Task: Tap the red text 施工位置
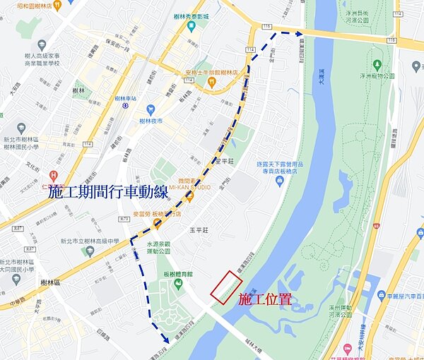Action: tap(265, 299)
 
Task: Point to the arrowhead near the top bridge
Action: tap(299, 32)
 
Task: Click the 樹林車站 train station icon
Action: tap(124, 106)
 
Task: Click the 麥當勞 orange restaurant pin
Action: tap(156, 224)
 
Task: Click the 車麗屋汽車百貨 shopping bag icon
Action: tap(382, 296)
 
